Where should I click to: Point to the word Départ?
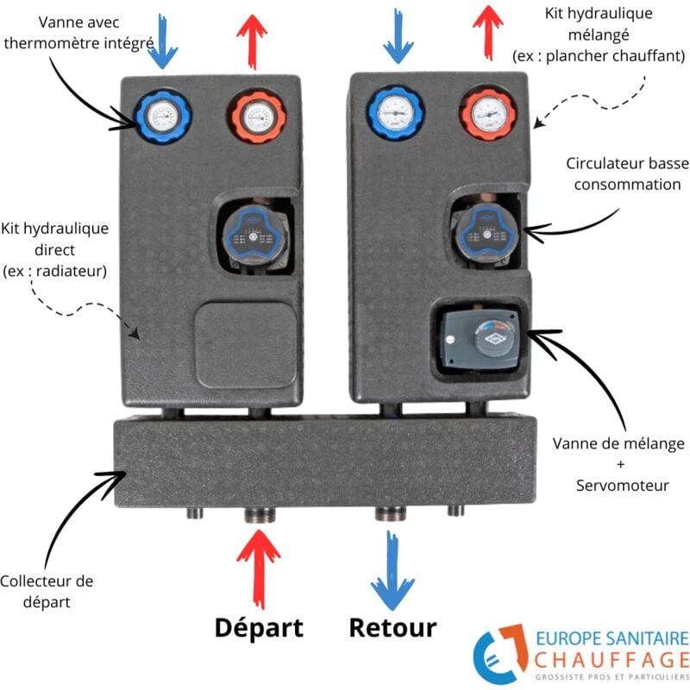tap(259, 627)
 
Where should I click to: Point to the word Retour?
tap(392, 627)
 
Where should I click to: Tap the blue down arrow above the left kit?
tap(161, 39)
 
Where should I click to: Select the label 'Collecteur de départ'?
tap(47, 591)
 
